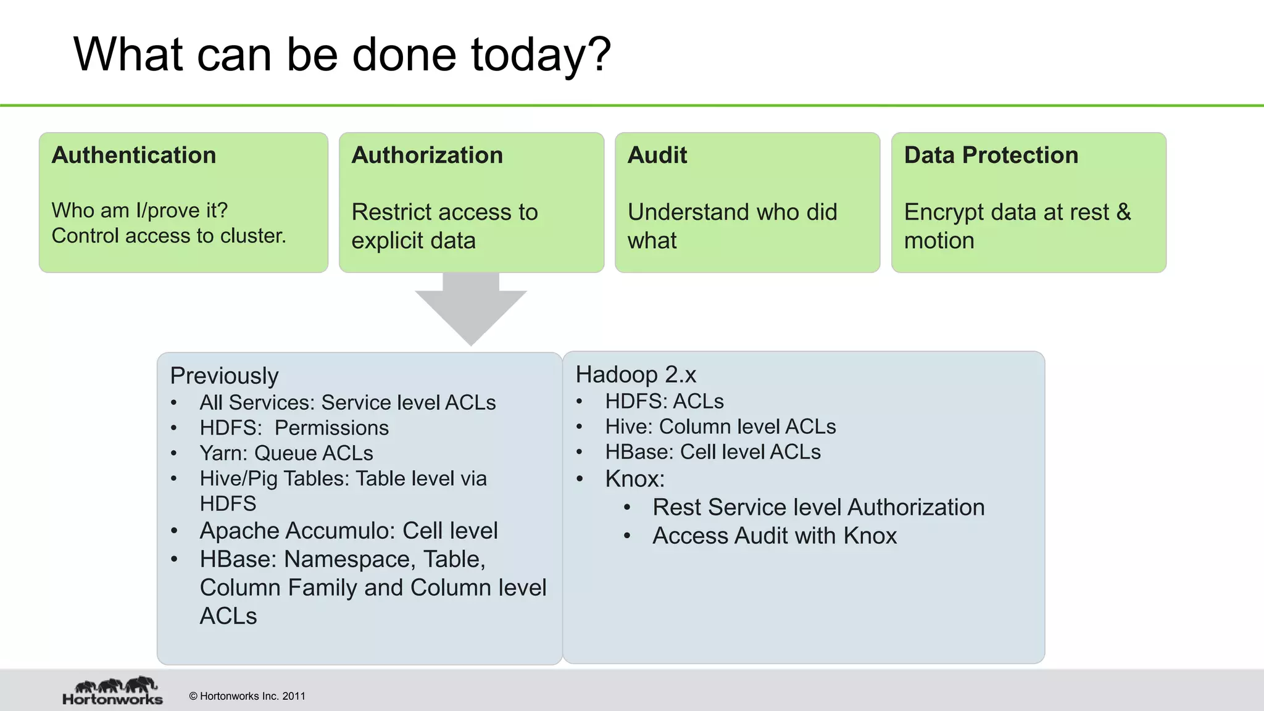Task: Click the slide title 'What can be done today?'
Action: pyautogui.click(x=342, y=55)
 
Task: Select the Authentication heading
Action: pyautogui.click(x=134, y=155)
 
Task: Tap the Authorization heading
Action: pyautogui.click(x=427, y=155)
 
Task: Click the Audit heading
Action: pyautogui.click(x=657, y=155)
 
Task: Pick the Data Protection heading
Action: pyautogui.click(x=991, y=155)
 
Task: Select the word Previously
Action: pyautogui.click(x=224, y=376)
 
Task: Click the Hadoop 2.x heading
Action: pyautogui.click(x=636, y=375)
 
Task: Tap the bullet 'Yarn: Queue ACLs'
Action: pyautogui.click(x=286, y=453)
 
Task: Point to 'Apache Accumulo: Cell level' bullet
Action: pyautogui.click(x=348, y=531)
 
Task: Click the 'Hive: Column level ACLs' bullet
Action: pyautogui.click(x=720, y=426)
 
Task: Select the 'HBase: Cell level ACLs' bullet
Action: pyautogui.click(x=713, y=452)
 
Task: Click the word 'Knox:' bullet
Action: pyautogui.click(x=634, y=479)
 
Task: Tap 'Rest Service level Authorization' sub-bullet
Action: pyautogui.click(x=818, y=507)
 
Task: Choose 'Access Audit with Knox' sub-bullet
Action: pyautogui.click(x=775, y=536)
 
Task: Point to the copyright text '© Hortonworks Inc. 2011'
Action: pyautogui.click(x=247, y=696)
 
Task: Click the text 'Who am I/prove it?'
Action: pyautogui.click(x=139, y=210)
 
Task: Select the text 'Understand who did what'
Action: pyautogui.click(x=732, y=226)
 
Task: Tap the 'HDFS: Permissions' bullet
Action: pyautogui.click(x=294, y=428)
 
